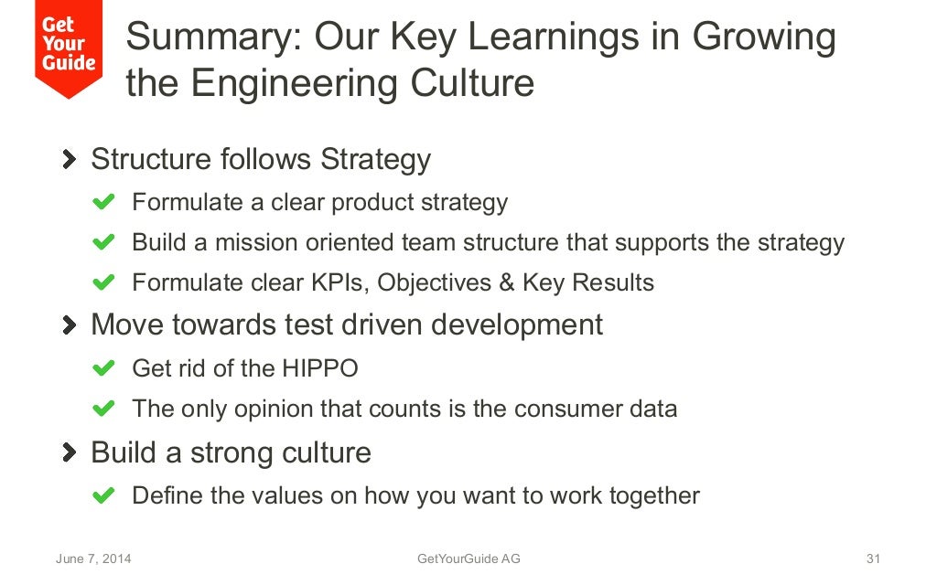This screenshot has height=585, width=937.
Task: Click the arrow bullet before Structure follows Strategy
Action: (x=70, y=159)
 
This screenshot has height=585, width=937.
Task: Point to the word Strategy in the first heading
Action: (x=375, y=159)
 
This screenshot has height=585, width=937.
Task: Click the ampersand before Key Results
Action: (x=507, y=282)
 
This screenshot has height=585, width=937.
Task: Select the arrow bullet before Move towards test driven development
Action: (x=70, y=324)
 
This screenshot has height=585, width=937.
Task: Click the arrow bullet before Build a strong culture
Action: (x=70, y=452)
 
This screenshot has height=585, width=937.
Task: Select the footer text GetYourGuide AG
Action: (x=468, y=558)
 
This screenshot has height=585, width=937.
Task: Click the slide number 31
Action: (x=872, y=558)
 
